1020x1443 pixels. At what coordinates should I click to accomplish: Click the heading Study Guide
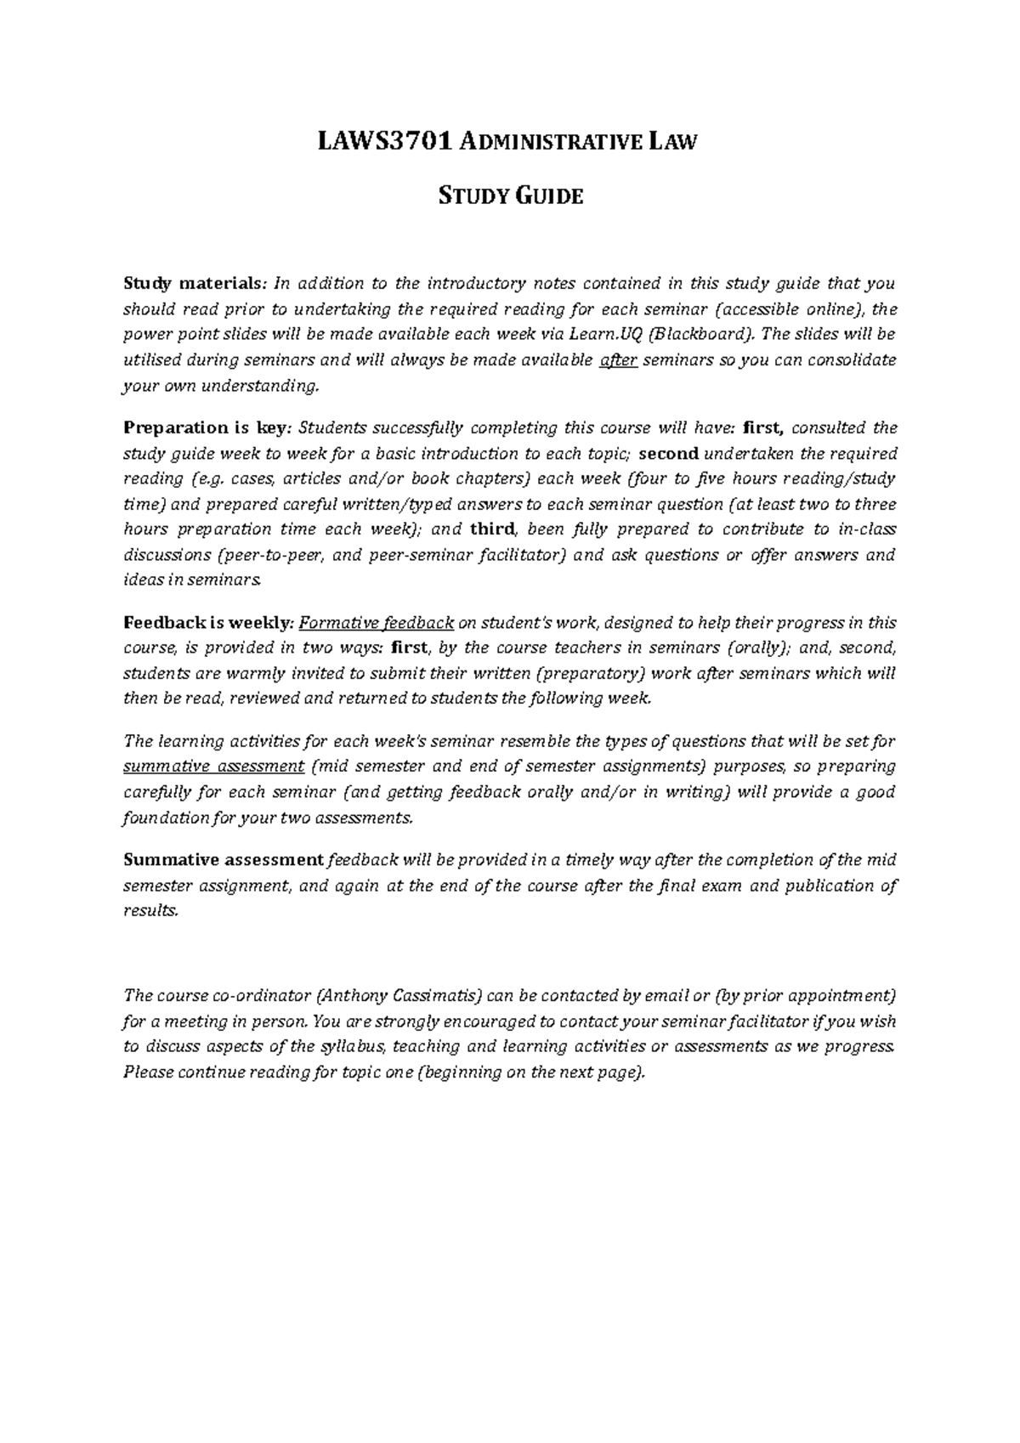[510, 197]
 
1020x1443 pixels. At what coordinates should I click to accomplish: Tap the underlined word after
[618, 360]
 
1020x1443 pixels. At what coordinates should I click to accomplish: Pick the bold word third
[492, 529]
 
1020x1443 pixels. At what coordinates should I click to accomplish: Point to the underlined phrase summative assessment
[213, 767]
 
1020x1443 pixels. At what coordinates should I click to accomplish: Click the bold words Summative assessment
[224, 860]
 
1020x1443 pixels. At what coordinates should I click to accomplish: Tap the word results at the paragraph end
[150, 911]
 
